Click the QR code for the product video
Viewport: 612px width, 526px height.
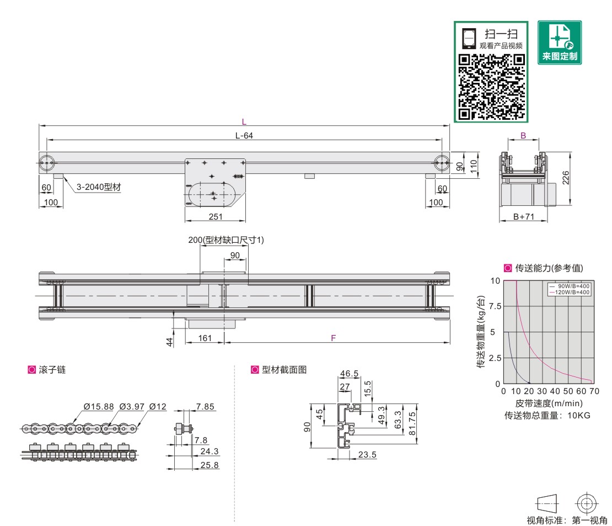(491, 87)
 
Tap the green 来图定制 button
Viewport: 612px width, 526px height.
(559, 42)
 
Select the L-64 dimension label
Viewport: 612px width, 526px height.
(244, 136)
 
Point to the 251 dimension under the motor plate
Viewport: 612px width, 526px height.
(216, 216)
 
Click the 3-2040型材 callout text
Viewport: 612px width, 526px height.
(99, 187)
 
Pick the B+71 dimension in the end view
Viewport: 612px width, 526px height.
(523, 216)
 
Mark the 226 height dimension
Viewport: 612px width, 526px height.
(565, 178)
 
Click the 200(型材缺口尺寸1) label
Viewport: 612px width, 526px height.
(226, 240)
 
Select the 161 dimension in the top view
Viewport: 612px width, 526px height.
(205, 338)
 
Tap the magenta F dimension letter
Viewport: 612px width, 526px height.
(334, 338)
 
